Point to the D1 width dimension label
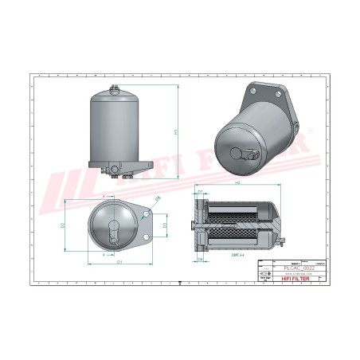119,259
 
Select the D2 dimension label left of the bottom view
64,226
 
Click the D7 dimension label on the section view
200,192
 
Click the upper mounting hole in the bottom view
147,213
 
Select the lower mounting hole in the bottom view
147,238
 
